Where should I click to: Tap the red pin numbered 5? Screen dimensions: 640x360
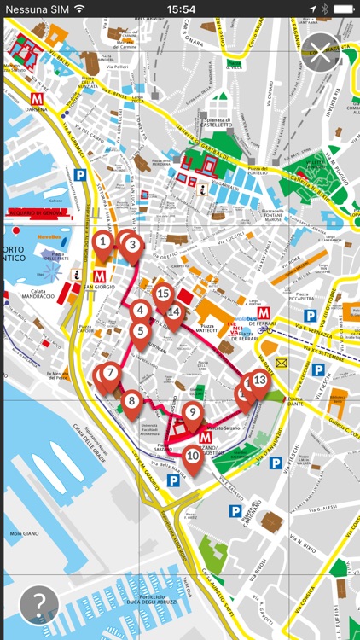(x=141, y=331)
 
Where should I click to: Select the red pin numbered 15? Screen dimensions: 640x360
(x=163, y=295)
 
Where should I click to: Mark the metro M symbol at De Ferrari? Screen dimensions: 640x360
(x=264, y=313)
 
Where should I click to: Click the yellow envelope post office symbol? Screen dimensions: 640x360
(x=282, y=364)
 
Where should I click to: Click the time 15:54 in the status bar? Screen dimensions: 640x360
(x=180, y=9)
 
